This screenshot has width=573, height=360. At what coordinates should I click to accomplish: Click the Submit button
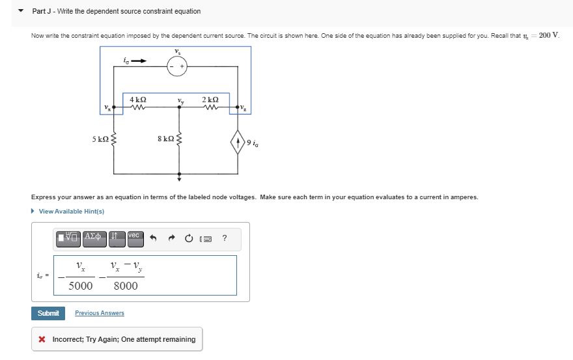48,313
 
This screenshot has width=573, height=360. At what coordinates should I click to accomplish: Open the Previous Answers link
100,313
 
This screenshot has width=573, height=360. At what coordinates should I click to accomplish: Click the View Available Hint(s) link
71,211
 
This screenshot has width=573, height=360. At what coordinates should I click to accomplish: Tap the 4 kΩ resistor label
137,99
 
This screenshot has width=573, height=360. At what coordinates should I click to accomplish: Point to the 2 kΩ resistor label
210,99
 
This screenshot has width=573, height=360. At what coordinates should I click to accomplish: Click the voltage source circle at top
177,66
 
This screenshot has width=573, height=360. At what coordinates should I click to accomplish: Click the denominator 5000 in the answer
81,286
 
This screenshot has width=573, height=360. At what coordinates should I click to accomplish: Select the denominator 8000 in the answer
126,286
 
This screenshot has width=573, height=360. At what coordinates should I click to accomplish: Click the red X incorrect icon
42,339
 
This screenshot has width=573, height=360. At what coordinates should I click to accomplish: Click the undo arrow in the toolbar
154,238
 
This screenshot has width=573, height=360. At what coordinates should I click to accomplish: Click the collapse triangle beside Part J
21,11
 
